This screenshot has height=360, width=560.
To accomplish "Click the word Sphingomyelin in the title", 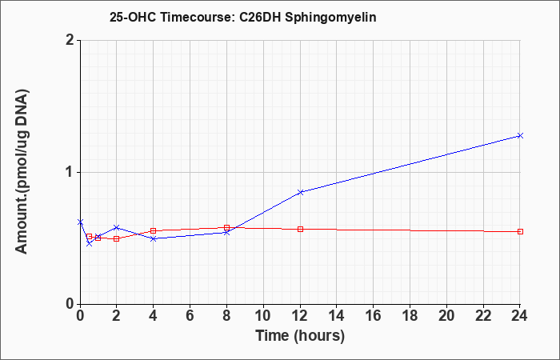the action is point(330,18).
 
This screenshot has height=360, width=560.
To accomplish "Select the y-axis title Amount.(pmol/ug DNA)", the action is point(22,171).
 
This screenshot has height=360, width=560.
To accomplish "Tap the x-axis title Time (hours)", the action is point(300,336).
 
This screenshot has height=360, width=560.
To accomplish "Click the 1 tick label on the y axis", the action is point(70,173).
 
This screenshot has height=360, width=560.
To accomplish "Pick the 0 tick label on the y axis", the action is point(70,304).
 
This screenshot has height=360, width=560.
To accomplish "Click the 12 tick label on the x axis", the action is point(300,316).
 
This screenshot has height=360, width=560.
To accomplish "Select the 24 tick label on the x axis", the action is point(520,316).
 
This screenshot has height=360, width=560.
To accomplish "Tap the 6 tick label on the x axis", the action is point(190,316).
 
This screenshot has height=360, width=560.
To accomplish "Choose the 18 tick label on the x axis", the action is point(410,316).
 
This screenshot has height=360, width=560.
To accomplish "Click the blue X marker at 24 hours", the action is point(520,135).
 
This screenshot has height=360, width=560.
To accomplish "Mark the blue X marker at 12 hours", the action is point(300,192).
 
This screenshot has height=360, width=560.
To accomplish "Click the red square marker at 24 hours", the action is point(520,231).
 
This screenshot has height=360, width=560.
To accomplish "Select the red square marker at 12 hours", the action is point(300,229).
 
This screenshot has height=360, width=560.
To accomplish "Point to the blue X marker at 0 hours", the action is point(80,222).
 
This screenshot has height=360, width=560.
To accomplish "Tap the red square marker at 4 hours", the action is point(154,230).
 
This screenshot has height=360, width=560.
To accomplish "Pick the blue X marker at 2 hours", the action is point(117,227).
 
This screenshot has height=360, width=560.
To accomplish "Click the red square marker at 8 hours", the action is point(226,227).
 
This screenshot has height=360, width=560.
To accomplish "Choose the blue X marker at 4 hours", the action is point(154,238).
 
